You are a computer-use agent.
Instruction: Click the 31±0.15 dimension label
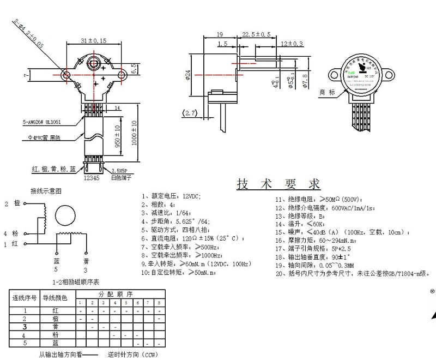(x=93, y=40)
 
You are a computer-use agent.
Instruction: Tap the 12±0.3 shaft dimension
(x=292, y=44)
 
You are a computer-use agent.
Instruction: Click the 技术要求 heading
(x=278, y=184)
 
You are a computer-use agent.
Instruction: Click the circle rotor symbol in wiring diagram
(x=68, y=215)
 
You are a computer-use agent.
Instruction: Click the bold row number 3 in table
(x=24, y=326)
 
